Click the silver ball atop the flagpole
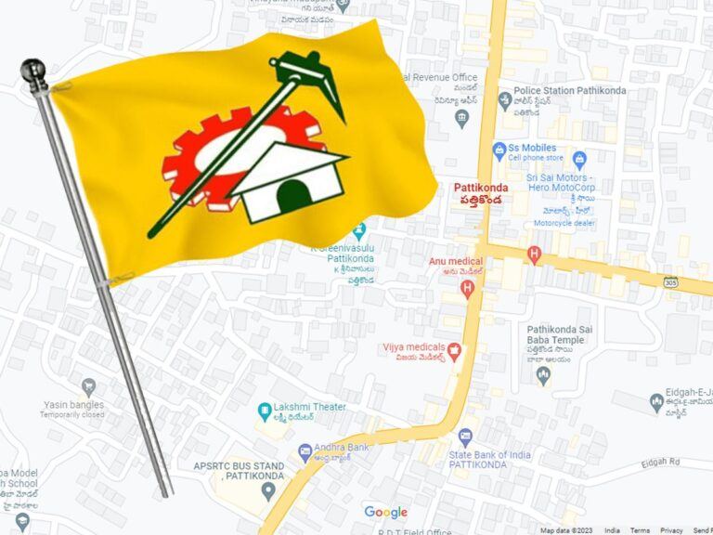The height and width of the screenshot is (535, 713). click(x=34, y=73)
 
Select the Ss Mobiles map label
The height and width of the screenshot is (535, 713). click(x=532, y=148)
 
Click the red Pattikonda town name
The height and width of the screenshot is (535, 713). click(x=481, y=188)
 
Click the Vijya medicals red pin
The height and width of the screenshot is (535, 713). click(x=455, y=350)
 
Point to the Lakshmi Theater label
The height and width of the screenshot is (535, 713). click(x=309, y=407)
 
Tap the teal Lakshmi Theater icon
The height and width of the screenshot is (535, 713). click(x=265, y=408)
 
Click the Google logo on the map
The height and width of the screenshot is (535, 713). click(x=385, y=513)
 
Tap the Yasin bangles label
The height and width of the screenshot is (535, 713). click(x=73, y=405)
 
